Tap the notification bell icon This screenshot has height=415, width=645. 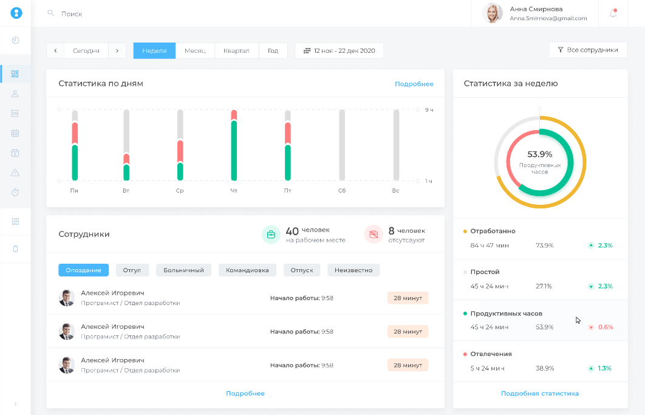click(613, 13)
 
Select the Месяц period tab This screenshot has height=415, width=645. click(195, 50)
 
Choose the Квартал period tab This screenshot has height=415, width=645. click(236, 50)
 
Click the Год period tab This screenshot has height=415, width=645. click(273, 50)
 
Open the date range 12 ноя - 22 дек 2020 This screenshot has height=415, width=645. click(339, 50)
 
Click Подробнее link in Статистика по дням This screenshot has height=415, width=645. click(414, 84)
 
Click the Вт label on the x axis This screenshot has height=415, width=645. click(126, 191)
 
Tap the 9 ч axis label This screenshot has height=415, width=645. click(429, 110)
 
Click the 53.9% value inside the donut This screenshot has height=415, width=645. click(540, 154)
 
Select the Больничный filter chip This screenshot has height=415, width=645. click(183, 270)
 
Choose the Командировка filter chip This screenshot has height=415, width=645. click(247, 270)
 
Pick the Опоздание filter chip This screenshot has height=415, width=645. click(83, 270)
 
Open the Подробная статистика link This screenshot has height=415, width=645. click(540, 393)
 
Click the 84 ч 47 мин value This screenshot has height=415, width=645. click(490, 245)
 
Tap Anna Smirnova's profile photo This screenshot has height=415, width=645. click(493, 13)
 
